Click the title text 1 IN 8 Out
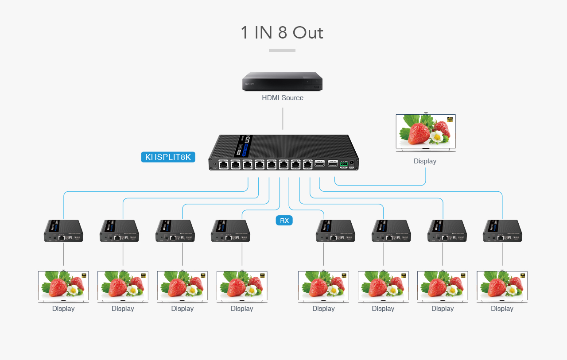(x=282, y=33)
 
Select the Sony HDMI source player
(x=282, y=82)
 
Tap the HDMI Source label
(x=283, y=98)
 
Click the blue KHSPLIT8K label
(x=168, y=157)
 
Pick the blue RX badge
(x=284, y=221)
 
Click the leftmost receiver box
(x=63, y=231)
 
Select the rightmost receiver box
(x=502, y=231)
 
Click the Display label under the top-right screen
(x=425, y=161)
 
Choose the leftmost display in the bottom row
(x=63, y=286)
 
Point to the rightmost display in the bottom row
(x=502, y=286)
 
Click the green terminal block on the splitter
(x=343, y=164)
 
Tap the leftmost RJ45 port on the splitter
(x=224, y=165)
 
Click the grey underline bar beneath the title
(x=282, y=50)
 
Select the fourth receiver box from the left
(x=230, y=231)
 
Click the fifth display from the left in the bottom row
(x=323, y=286)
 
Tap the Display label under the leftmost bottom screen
(x=63, y=309)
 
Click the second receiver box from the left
(x=119, y=231)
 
